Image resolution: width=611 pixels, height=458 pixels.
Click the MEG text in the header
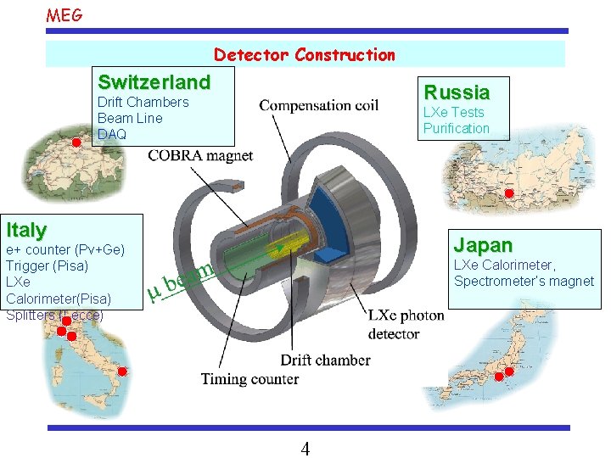coord(64,14)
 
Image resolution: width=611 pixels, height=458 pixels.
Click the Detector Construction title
coord(305,55)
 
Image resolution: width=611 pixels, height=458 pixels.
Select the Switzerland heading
coord(154,82)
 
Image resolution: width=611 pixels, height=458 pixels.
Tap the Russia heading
coord(457,92)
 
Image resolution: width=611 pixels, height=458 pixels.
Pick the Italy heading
coord(26,229)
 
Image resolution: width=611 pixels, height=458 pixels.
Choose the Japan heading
coord(483,245)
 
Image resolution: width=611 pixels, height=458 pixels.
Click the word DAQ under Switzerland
coord(112,134)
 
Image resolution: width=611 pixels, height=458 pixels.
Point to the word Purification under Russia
coord(457,128)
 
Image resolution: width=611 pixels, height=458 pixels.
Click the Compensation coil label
coord(319,106)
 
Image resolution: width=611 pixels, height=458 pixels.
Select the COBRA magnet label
coord(200,155)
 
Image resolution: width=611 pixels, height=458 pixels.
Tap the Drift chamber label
coord(325,360)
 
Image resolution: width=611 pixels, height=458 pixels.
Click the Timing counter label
coord(249,378)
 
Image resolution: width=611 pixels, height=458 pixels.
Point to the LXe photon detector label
coord(406,324)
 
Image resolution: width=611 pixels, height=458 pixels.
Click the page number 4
coord(305,449)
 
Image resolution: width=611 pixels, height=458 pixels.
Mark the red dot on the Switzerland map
coord(76,142)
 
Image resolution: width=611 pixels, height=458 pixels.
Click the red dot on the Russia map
coord(508,194)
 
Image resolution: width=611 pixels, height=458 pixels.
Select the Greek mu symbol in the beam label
coord(154,292)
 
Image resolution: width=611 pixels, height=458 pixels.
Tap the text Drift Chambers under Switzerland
coord(143,102)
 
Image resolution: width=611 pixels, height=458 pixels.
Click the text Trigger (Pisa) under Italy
coord(47,266)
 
